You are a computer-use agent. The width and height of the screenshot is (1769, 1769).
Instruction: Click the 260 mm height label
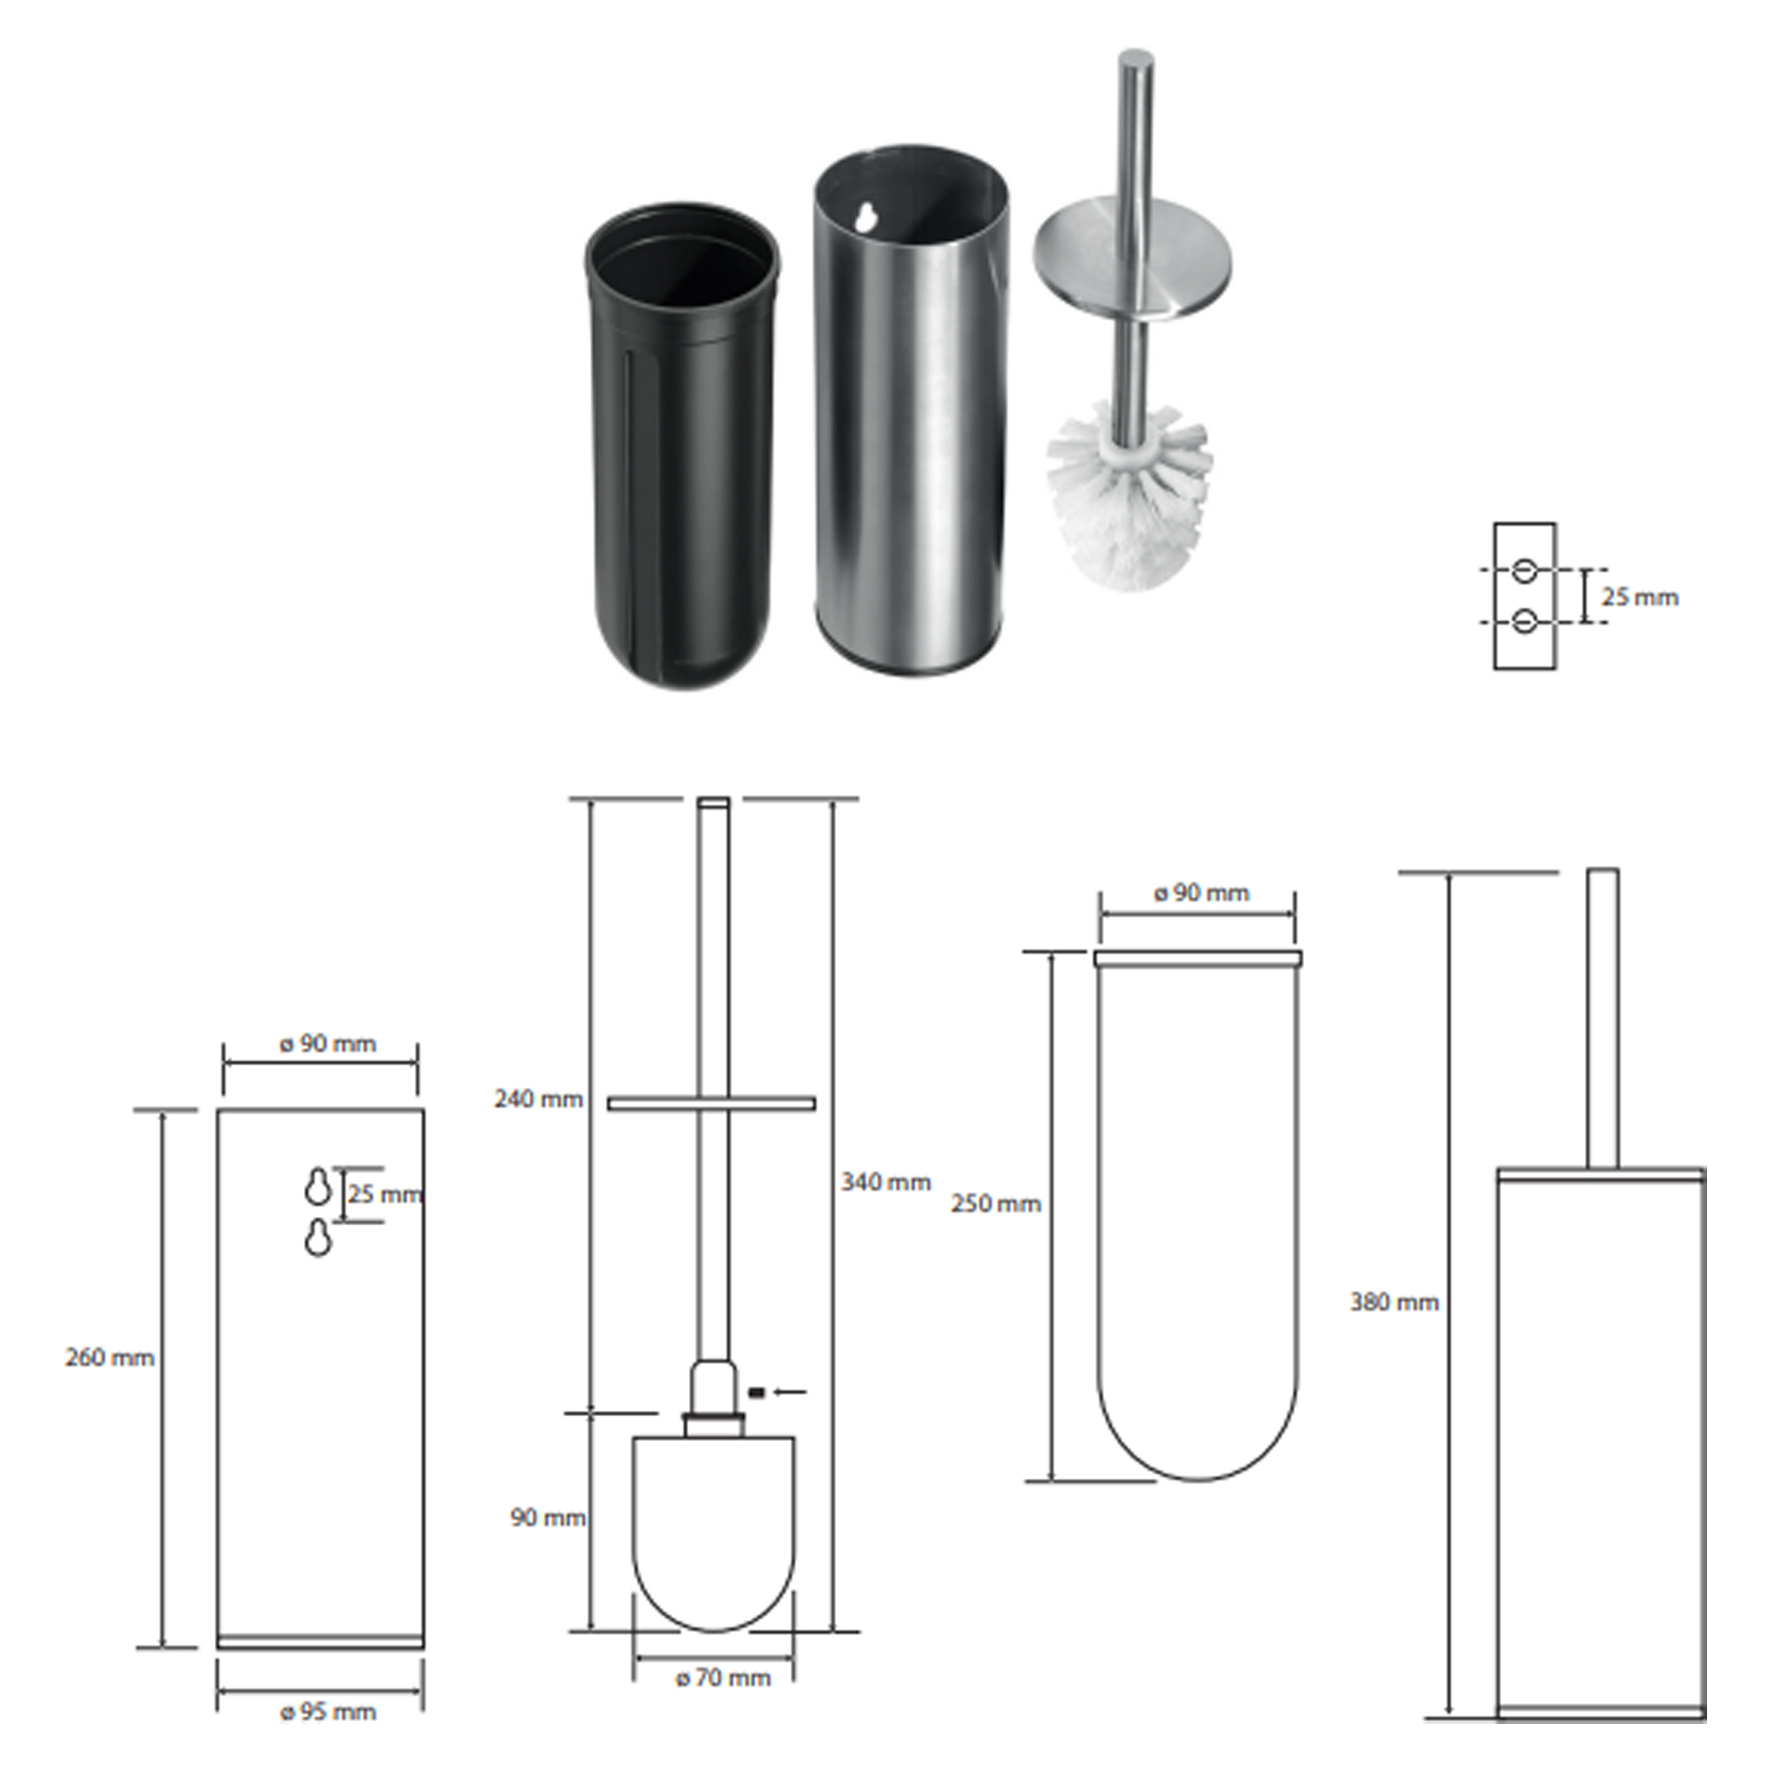(x=110, y=1358)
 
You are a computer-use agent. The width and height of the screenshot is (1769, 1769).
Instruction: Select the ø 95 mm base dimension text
(x=329, y=1712)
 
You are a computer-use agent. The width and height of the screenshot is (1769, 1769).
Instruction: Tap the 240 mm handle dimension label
(x=539, y=1099)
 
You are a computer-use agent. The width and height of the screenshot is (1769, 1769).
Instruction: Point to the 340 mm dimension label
(x=886, y=1182)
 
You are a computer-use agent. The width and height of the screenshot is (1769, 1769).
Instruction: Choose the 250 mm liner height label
(x=996, y=1203)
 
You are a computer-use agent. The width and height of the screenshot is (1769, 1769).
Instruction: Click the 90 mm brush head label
(x=548, y=1518)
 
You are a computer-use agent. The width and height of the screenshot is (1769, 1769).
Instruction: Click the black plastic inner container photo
(x=682, y=445)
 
